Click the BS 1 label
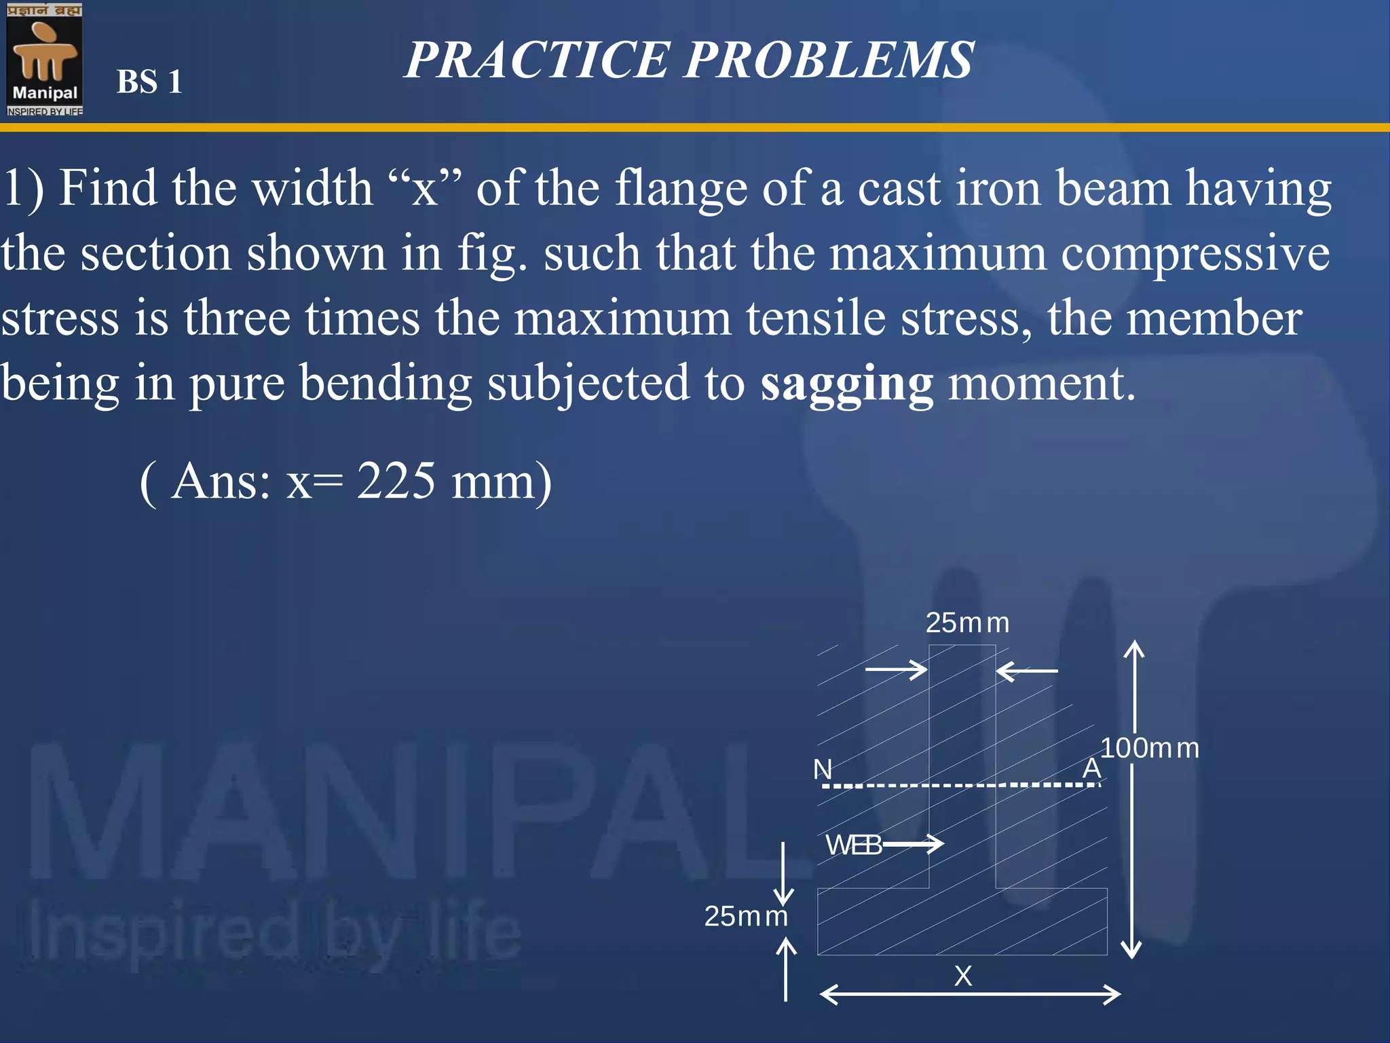point(149,82)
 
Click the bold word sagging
point(846,384)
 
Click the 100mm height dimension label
point(1150,748)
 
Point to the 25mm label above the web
point(967,623)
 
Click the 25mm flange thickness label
point(745,917)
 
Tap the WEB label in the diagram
point(852,845)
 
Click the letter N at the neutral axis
point(823,769)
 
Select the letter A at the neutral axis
point(1091,768)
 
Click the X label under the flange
point(963,976)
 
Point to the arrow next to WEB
point(913,844)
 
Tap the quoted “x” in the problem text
point(425,188)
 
